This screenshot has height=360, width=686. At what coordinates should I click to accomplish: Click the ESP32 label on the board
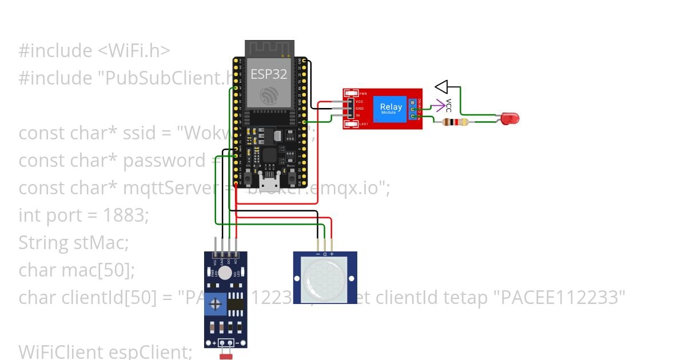(x=269, y=74)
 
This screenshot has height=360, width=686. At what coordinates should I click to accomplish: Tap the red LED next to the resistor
(x=509, y=119)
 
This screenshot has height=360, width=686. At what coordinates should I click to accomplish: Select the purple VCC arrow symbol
(x=438, y=105)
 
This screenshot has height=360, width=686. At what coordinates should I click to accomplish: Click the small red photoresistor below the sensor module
(x=226, y=356)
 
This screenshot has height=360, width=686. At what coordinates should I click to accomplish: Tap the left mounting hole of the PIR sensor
(x=297, y=278)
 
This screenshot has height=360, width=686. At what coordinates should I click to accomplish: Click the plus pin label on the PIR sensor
(x=332, y=254)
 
